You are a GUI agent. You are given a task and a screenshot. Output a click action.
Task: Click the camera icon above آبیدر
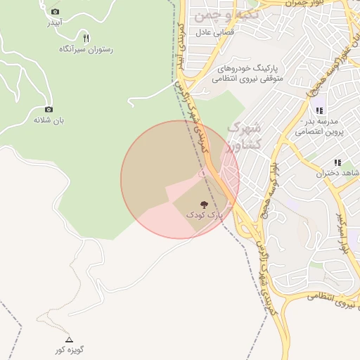[x=56, y=12]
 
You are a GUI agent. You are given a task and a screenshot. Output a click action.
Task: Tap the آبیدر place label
[x=55, y=22]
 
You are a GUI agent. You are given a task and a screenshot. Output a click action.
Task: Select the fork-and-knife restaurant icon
[x=86, y=38]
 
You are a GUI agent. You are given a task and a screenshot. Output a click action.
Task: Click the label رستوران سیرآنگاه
[x=86, y=49]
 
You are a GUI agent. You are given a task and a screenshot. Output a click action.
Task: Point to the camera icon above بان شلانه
[x=49, y=109]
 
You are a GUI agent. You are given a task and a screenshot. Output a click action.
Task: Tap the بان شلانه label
[x=49, y=120]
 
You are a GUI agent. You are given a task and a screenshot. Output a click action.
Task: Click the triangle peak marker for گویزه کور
[x=69, y=339]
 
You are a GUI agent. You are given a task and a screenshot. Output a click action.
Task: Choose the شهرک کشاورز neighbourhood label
[x=245, y=136]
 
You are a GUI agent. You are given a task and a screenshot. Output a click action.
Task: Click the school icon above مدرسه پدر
[x=319, y=110]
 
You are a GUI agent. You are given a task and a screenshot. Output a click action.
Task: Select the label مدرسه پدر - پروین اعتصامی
[x=319, y=126]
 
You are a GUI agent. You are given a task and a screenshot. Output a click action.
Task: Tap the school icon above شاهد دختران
[x=337, y=162]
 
